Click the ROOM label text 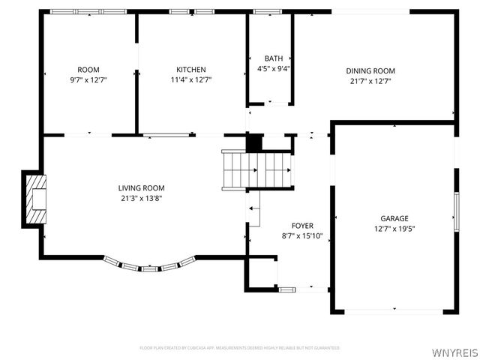click(x=88, y=70)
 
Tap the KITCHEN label click(x=191, y=70)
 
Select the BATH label click(x=273, y=58)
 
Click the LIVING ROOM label click(x=141, y=188)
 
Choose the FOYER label click(x=302, y=226)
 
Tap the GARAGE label click(x=394, y=219)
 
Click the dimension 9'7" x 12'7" click(x=88, y=79)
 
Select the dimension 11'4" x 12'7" click(x=191, y=79)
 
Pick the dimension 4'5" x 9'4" click(x=273, y=68)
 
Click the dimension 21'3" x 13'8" click(x=141, y=198)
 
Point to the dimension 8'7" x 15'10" click(x=302, y=235)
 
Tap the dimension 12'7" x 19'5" click(x=394, y=229)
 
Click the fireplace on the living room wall click(x=35, y=199)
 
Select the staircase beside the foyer click(x=256, y=169)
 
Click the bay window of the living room click(x=149, y=265)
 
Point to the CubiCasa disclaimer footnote click(x=239, y=348)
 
